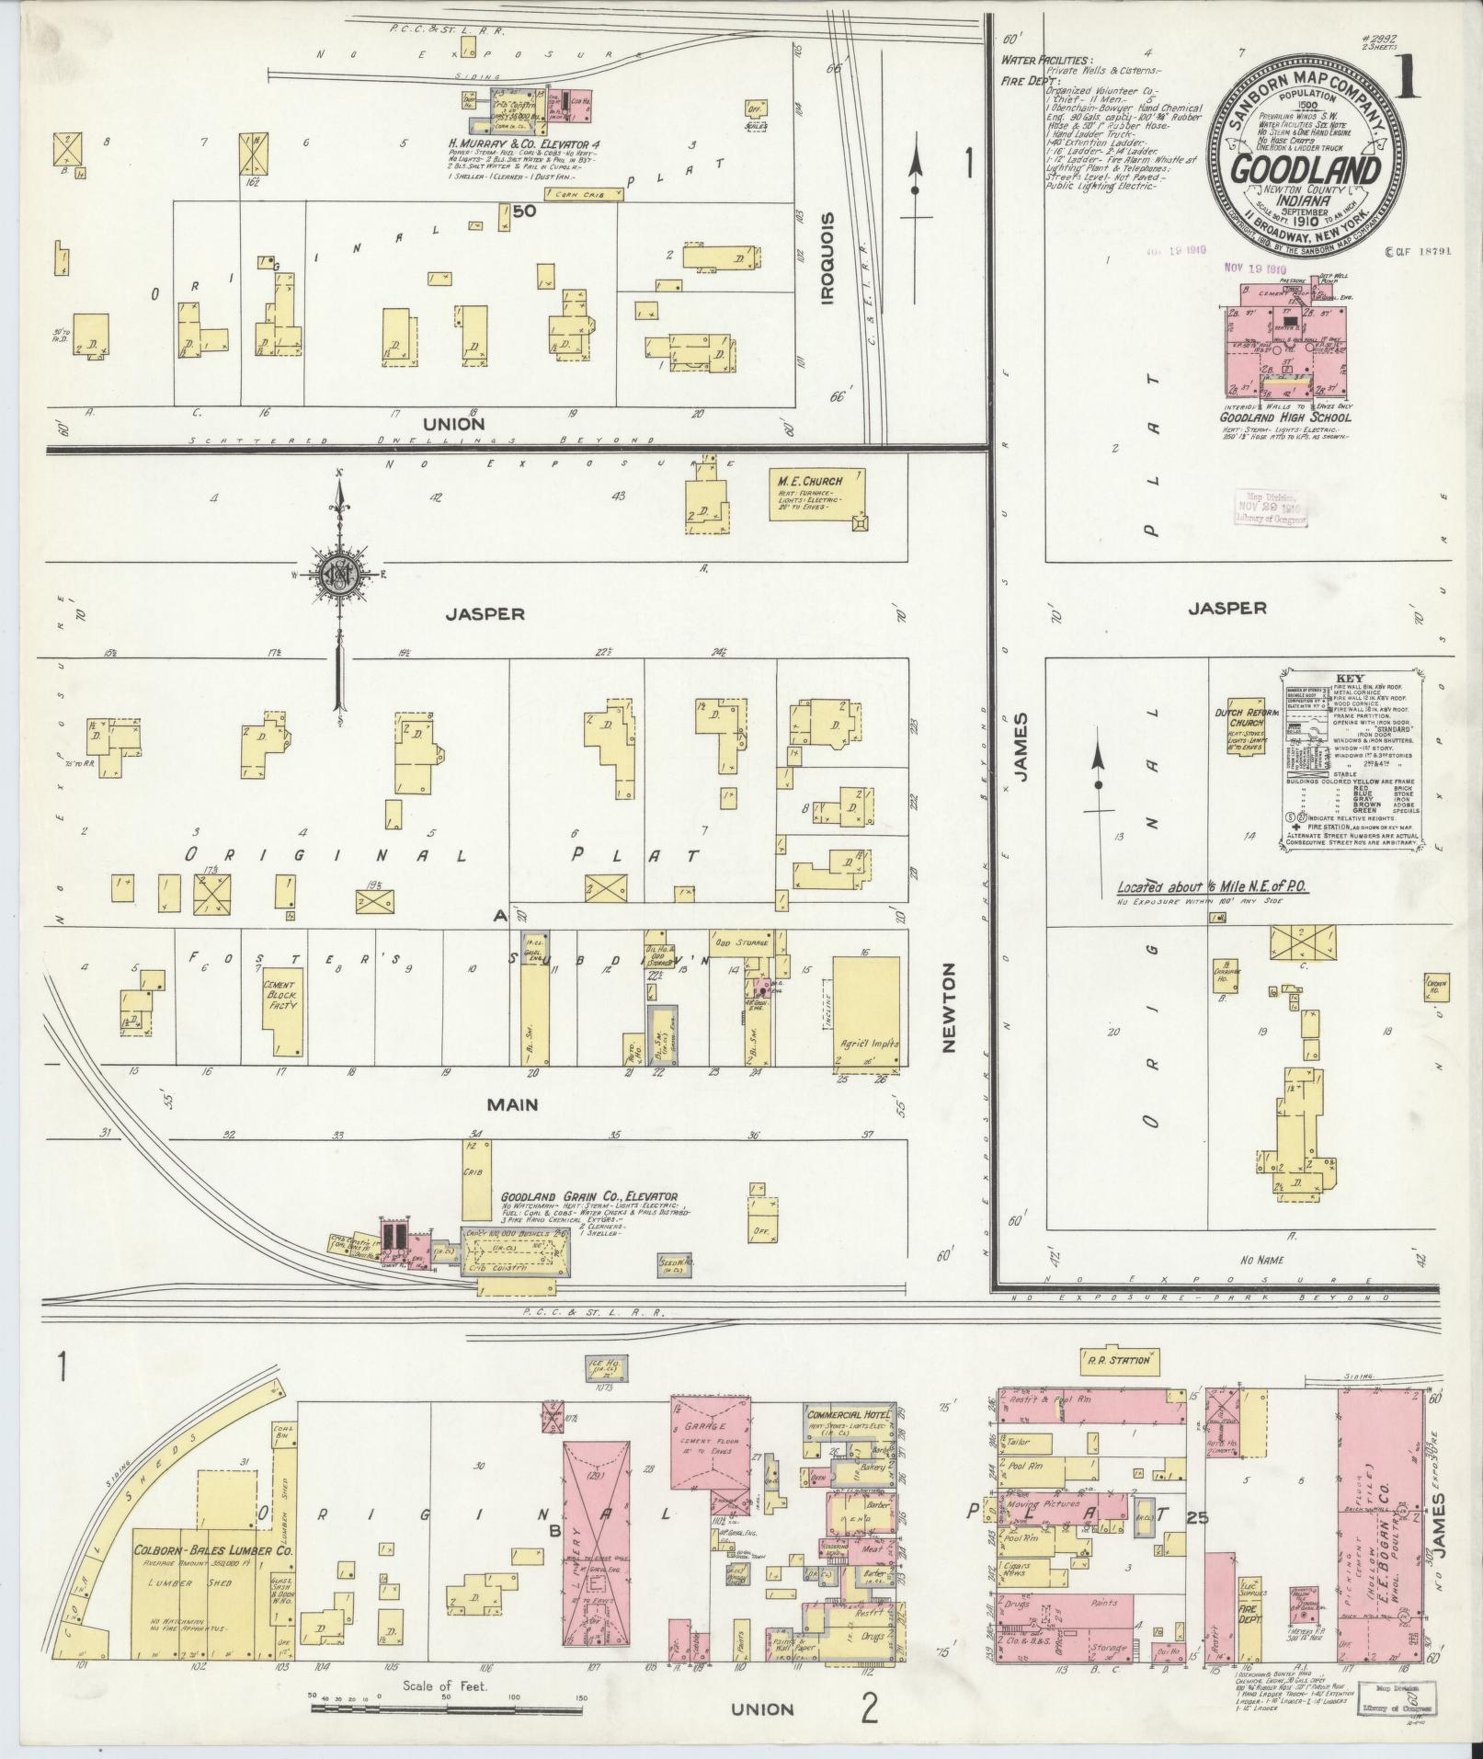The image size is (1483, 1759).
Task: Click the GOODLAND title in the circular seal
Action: click(1305, 171)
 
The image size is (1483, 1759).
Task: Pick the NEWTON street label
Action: click(949, 1007)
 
